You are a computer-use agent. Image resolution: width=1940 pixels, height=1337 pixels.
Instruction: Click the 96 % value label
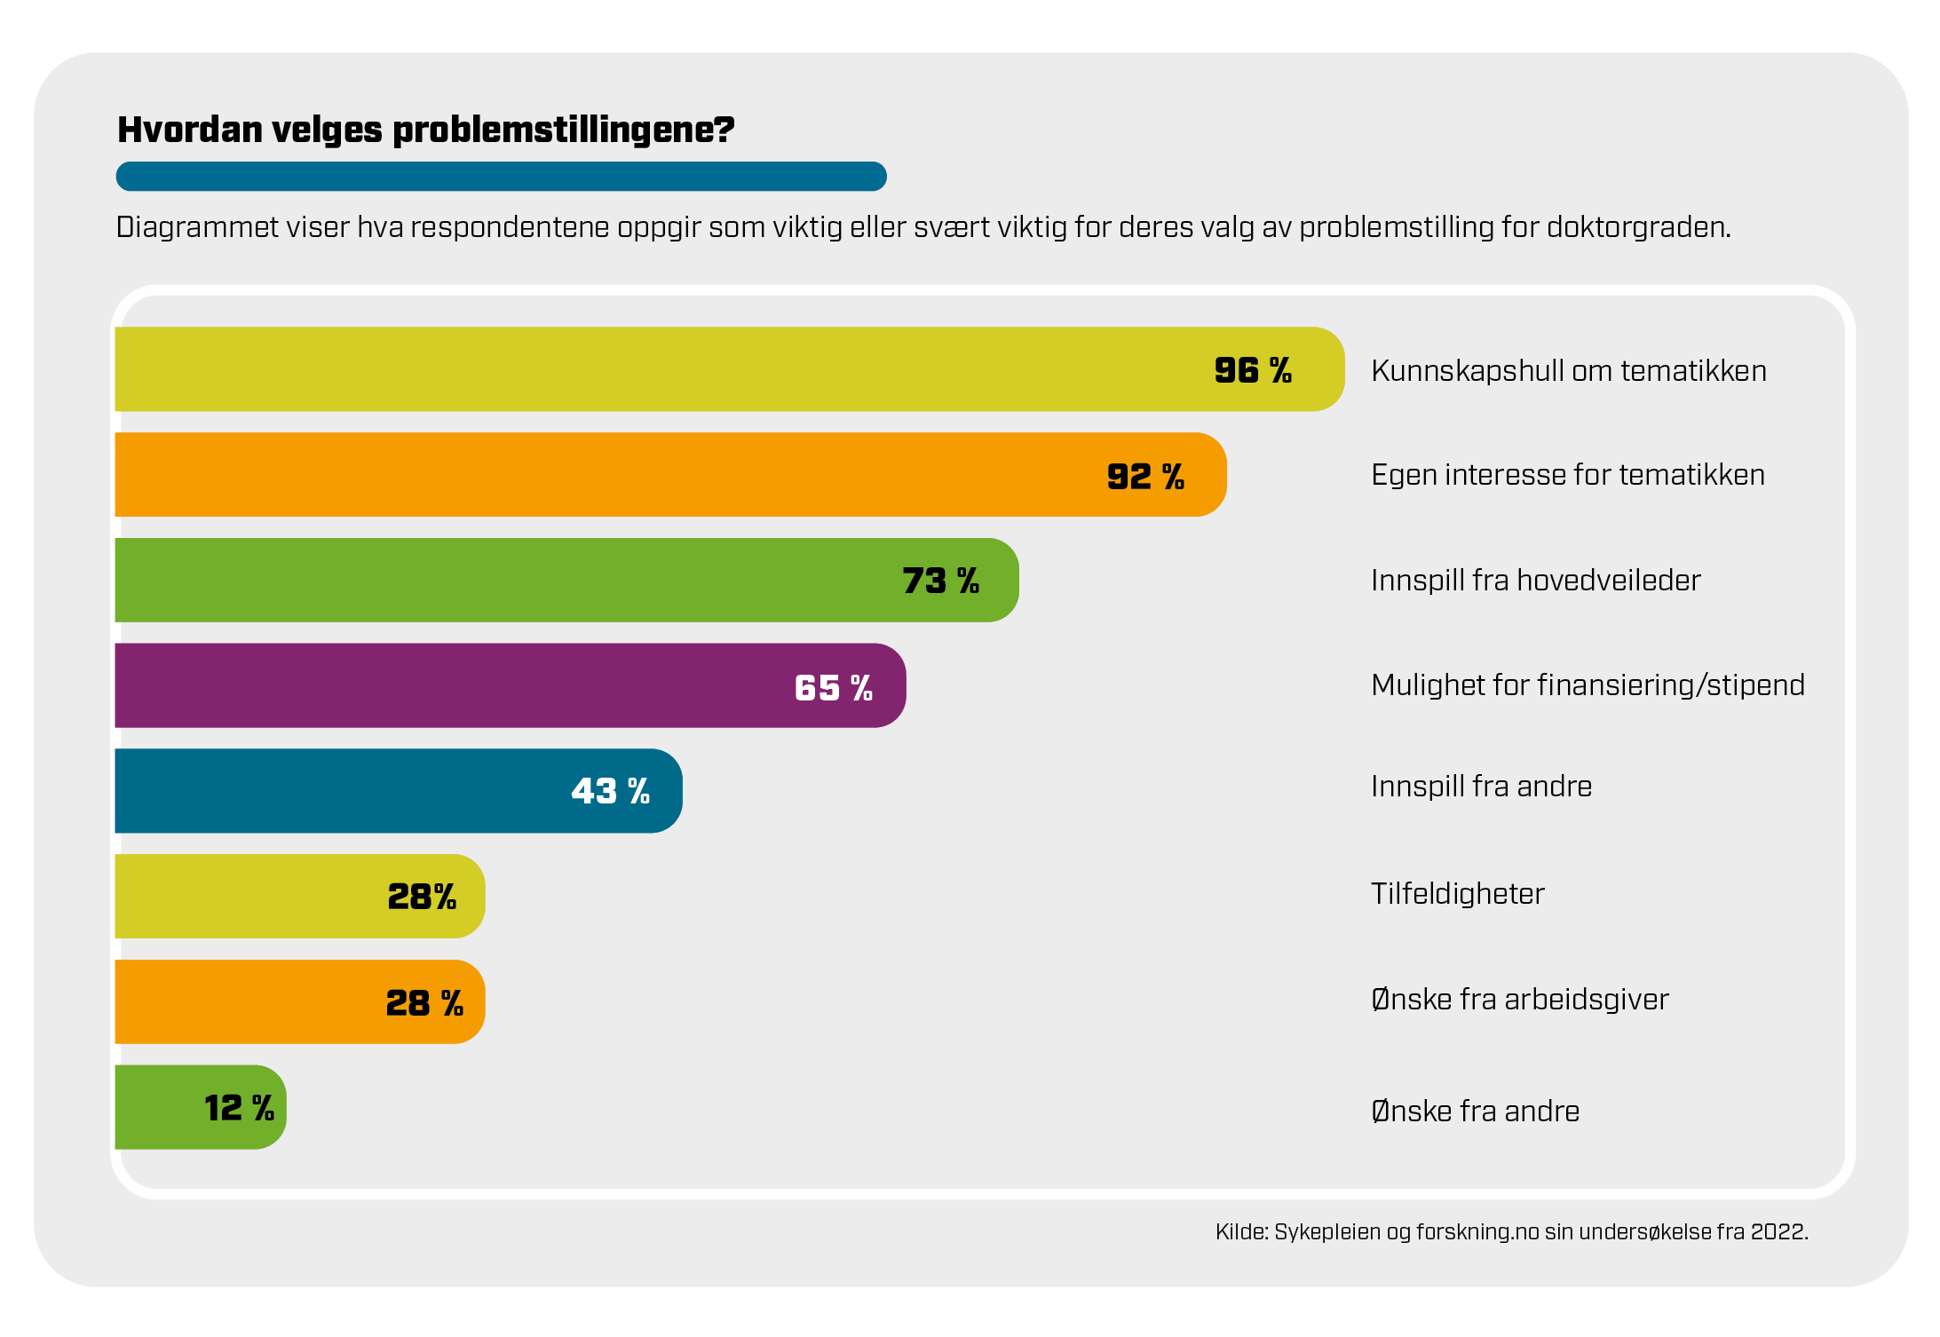click(1252, 370)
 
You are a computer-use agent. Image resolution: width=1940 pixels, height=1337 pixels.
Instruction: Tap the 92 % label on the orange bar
click(1144, 476)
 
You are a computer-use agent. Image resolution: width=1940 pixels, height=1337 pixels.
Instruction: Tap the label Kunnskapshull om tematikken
click(1568, 370)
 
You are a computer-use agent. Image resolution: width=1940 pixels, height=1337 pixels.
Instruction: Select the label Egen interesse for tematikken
click(1567, 475)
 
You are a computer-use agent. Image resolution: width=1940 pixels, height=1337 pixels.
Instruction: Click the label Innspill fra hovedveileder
click(1535, 580)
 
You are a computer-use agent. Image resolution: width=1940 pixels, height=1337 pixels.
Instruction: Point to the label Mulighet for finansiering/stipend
click(1587, 684)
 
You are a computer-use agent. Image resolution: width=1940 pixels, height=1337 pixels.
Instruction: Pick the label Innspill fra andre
click(1481, 787)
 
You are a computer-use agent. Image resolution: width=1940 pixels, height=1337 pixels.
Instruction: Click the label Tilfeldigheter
click(1457, 893)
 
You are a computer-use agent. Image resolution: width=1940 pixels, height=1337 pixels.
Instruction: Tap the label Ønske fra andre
click(1475, 1111)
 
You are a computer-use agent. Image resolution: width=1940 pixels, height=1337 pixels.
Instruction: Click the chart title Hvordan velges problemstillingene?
click(425, 130)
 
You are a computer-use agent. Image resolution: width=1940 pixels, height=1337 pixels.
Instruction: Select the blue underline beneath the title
click(501, 176)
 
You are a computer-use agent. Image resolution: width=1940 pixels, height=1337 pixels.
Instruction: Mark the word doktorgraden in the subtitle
click(1638, 227)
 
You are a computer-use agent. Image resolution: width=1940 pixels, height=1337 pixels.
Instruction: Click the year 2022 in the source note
click(1778, 1231)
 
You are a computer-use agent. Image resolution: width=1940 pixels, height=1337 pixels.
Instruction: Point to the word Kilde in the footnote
click(1240, 1231)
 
